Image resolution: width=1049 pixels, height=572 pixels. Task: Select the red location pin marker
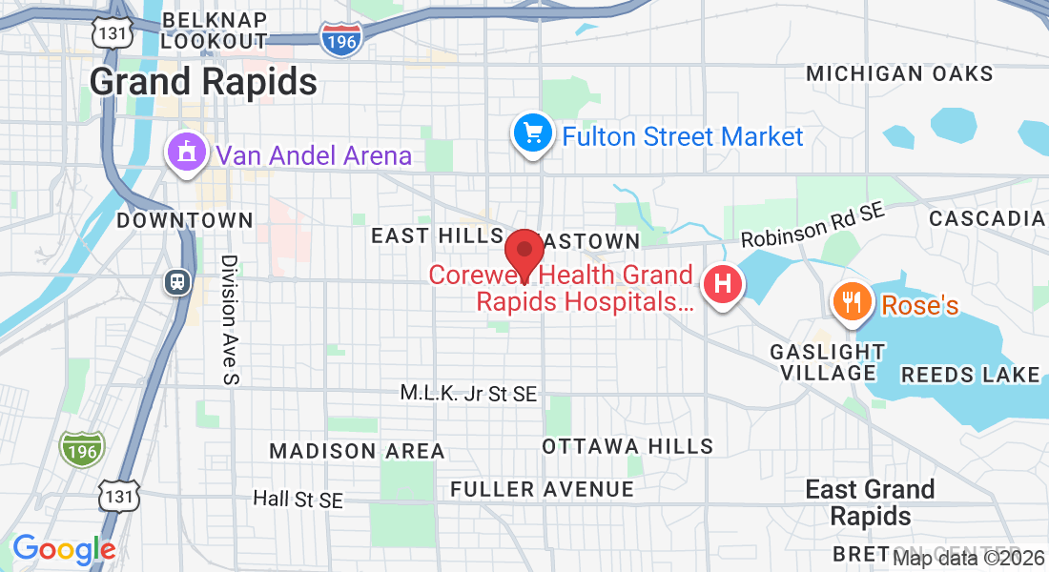click(524, 253)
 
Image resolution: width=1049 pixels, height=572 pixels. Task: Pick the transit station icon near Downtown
click(177, 282)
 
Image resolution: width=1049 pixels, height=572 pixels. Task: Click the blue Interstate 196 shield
click(341, 39)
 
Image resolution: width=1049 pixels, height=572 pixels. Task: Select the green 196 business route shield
click(80, 448)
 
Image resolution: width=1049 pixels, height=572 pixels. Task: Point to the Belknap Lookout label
click(214, 30)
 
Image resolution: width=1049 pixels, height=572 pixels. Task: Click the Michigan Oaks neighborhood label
click(899, 73)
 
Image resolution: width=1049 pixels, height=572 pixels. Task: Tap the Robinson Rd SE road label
click(813, 227)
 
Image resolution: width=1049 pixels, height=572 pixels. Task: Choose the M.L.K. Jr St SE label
click(468, 393)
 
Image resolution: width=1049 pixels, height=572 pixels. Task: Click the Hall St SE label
click(298, 499)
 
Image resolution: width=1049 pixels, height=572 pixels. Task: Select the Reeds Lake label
click(970, 375)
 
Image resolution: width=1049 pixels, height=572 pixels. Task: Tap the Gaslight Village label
click(828, 362)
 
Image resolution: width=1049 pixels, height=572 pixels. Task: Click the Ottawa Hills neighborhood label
click(627, 446)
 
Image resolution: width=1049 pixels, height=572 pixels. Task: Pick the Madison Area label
click(357, 451)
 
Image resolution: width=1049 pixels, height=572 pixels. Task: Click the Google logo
click(64, 549)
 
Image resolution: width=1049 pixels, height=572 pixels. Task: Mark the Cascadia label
click(986, 218)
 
